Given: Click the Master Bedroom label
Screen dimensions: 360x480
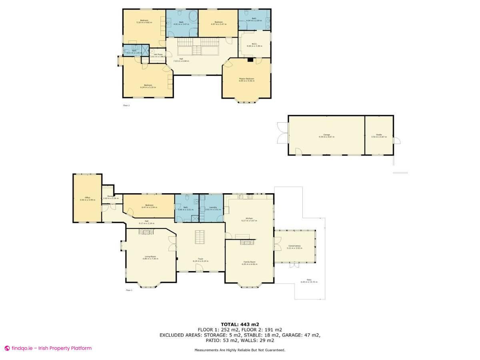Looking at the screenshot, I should (246, 79).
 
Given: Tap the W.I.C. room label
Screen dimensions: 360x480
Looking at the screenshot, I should (254, 44).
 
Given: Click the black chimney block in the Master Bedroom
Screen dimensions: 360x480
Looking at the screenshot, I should (250, 60).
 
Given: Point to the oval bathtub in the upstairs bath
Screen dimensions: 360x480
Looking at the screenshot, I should (192, 17).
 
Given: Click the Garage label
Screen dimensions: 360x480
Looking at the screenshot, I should (326, 135).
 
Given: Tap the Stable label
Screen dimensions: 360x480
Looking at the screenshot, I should (379, 135).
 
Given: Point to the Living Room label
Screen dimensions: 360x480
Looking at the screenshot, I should (150, 257).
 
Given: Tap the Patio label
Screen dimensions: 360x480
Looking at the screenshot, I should (309, 280).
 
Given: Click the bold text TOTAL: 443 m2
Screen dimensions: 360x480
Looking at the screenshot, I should (240, 324).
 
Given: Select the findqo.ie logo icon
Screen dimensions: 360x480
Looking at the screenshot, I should (7, 348).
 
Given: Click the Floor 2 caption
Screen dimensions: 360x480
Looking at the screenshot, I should (126, 106).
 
